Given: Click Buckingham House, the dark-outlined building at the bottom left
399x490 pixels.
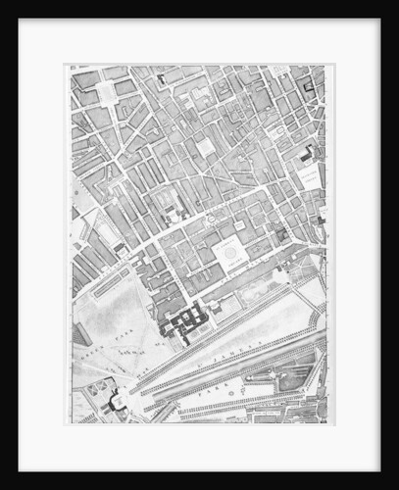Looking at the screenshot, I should tap(117, 400).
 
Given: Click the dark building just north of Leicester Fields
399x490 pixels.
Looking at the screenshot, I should tap(307, 155).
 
